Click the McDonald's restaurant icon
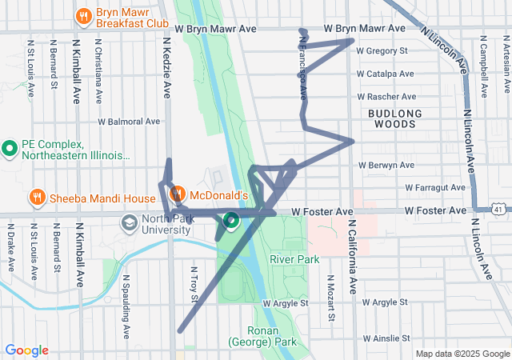click(178, 194)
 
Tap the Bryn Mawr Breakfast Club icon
click(83, 16)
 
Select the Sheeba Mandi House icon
click(36, 198)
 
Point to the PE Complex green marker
click(10, 148)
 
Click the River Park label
click(294, 259)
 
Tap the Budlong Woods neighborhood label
click(392, 119)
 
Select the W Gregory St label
click(382, 51)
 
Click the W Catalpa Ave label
click(386, 74)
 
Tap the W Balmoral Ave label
click(129, 122)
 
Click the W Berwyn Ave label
click(386, 166)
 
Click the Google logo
click(26, 350)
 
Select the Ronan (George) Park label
click(262, 336)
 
